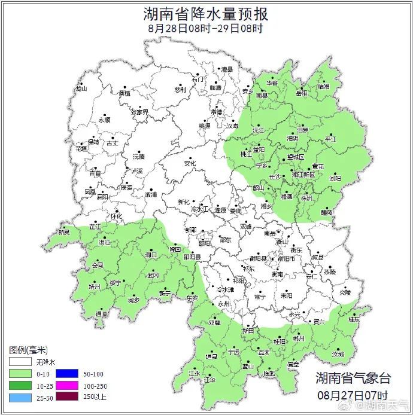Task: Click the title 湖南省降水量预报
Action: click(x=206, y=13)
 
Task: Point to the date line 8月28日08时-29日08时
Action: click(x=206, y=28)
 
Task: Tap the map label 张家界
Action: click(x=139, y=112)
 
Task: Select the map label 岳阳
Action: click(x=302, y=93)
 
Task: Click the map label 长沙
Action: click(x=275, y=177)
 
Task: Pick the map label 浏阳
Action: click(x=335, y=178)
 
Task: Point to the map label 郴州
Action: click(x=299, y=338)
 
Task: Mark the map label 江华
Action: click(x=209, y=380)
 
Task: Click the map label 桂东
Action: click(x=354, y=319)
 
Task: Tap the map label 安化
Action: click(x=190, y=163)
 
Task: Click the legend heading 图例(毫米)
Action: click(x=28, y=349)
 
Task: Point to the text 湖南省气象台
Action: click(x=353, y=378)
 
